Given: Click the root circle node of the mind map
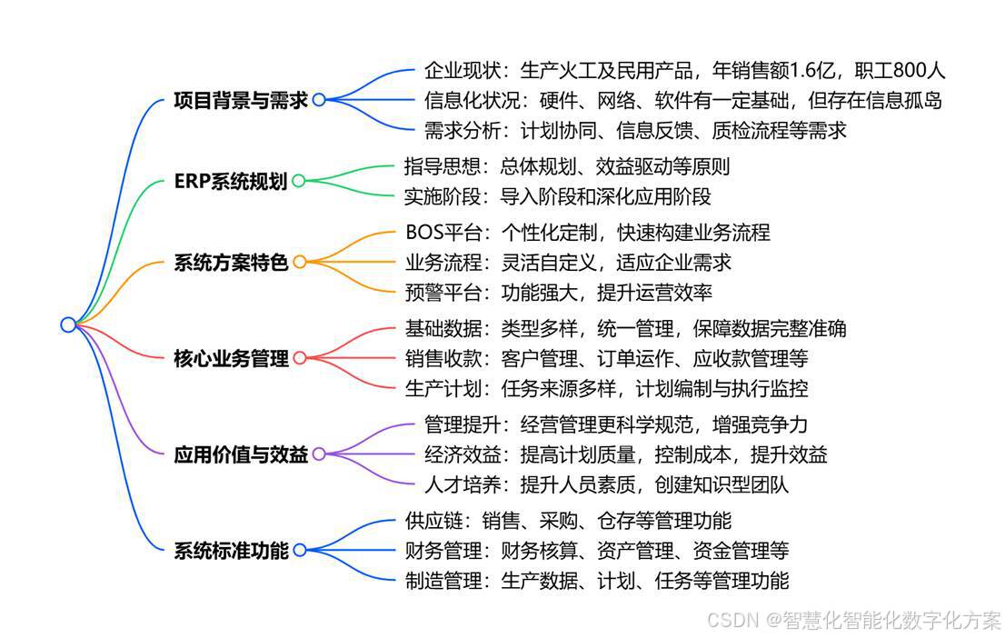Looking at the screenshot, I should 68,324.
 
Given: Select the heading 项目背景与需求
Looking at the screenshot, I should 240,100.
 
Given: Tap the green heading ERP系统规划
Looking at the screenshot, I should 230,181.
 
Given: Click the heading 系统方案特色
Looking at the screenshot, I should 230,263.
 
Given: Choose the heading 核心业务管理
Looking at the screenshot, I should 230,358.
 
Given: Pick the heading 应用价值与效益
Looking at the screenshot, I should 240,454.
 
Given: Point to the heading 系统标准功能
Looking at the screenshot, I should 230,550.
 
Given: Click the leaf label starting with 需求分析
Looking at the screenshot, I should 635,130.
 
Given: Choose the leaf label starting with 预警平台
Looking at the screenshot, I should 558,292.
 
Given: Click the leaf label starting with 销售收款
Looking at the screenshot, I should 606,358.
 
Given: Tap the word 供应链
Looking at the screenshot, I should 433,521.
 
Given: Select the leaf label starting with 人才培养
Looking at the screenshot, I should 606,483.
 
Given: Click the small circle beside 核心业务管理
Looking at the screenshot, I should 299,358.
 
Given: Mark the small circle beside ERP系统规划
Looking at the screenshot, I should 298,181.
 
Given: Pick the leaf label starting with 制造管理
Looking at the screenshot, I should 596,580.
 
